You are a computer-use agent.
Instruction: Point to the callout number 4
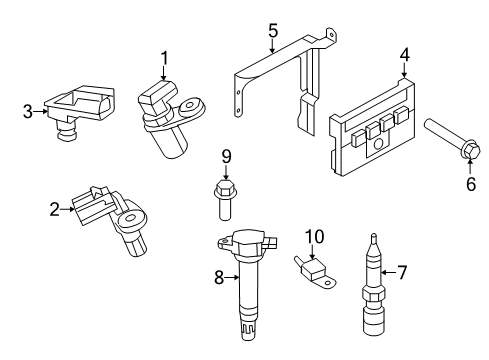pyautogui.click(x=405, y=54)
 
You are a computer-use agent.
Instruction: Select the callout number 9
pyautogui.click(x=227, y=156)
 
